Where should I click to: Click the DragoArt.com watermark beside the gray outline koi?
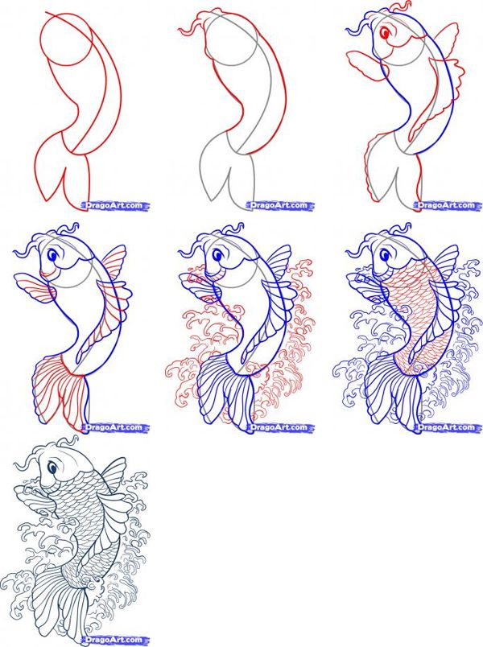281,205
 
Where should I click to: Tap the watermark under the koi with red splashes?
281,427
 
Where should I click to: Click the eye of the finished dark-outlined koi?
52,466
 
